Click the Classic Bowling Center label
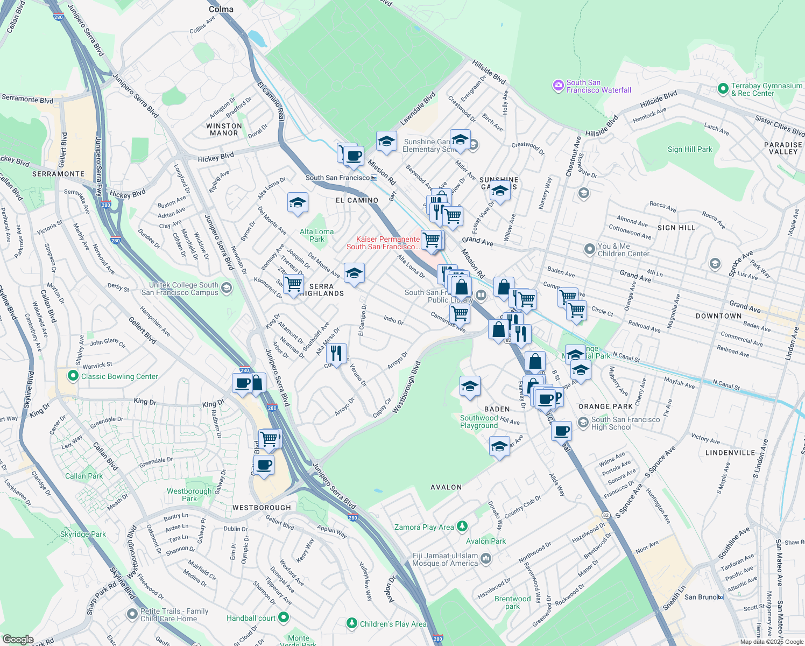click(x=119, y=377)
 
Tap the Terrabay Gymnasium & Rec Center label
click(x=766, y=89)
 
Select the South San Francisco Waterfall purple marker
click(x=558, y=86)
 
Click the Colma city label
click(x=221, y=9)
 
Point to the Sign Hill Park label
click(x=689, y=150)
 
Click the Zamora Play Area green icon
click(x=462, y=526)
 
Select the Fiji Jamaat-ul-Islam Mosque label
click(x=445, y=560)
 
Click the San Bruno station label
click(x=700, y=597)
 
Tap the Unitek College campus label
click(x=183, y=289)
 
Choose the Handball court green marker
click(x=284, y=617)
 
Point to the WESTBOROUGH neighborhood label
click(x=262, y=508)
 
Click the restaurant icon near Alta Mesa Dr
click(x=336, y=354)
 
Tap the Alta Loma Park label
click(x=316, y=235)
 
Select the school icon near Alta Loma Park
click(x=298, y=203)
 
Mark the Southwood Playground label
click(x=479, y=422)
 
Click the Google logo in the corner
click(x=18, y=640)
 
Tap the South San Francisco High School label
click(x=625, y=423)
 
